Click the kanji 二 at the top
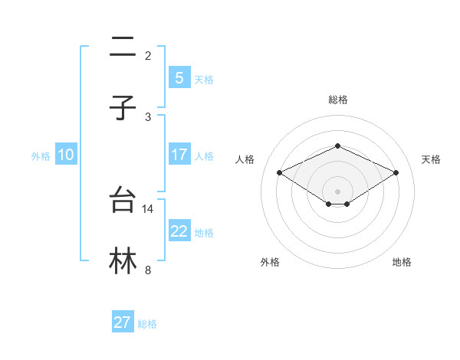coord(123,48)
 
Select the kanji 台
coord(123,201)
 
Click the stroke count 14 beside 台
coord(148,208)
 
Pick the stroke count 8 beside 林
coord(148,270)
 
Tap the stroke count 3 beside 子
coord(148,116)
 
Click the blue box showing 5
coord(179,77)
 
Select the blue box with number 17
coord(179,155)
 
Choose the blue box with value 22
coord(179,231)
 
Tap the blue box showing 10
coord(66,155)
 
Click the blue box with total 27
coord(123,322)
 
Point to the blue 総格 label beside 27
coord(147,324)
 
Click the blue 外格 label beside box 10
coord(41,156)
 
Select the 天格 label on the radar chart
coord(431,159)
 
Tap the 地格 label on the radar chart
coord(402,262)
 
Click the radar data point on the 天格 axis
coord(396,172)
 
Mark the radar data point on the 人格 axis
coord(279,172)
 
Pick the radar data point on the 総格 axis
coord(337,146)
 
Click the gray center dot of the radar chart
coord(337,191)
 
